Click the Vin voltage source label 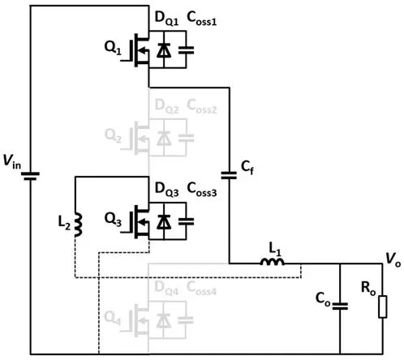12,161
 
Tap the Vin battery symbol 30,176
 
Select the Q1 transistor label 113,48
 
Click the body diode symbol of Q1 164,50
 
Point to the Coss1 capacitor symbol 186,50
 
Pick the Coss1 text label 202,19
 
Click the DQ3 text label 166,189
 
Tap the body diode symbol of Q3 164,222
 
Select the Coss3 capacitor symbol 186,222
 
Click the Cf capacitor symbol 229,175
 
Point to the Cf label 247,168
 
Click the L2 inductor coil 78,225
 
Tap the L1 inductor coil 273,261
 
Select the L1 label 275,249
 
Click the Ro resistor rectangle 383,306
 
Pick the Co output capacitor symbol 340,306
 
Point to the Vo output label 393,259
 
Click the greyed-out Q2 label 113,135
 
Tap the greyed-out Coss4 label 201,288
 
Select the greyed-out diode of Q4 164,321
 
